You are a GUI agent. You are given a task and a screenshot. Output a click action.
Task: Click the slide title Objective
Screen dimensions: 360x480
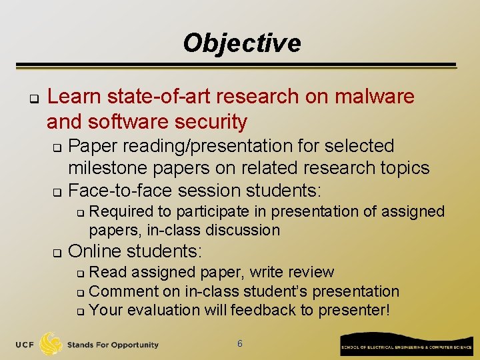pyautogui.click(x=241, y=43)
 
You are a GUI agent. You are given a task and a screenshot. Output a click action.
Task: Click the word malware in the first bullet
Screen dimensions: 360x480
pyautogui.click(x=374, y=97)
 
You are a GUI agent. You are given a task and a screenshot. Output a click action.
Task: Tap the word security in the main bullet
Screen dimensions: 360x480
pyautogui.click(x=209, y=122)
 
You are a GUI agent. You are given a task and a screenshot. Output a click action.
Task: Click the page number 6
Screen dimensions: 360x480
pyautogui.click(x=240, y=343)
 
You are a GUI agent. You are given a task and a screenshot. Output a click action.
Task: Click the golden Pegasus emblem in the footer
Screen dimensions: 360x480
pyautogui.click(x=51, y=344)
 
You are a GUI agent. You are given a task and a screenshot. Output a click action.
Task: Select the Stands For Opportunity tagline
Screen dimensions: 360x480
pyautogui.click(x=113, y=345)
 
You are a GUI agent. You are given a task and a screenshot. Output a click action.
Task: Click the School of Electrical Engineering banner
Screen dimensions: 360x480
pyautogui.click(x=406, y=347)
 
